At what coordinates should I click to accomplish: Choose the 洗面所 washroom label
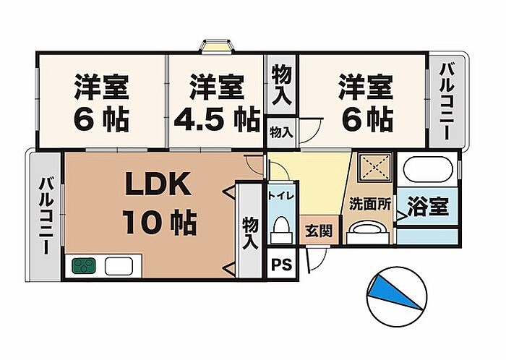(370, 205)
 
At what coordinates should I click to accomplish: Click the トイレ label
(280, 195)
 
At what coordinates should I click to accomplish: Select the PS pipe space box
(280, 264)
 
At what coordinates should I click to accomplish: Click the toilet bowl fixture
(280, 229)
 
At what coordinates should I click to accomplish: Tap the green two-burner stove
(85, 265)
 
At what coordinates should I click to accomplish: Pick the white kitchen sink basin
(117, 265)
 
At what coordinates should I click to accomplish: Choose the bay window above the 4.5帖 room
(216, 46)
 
